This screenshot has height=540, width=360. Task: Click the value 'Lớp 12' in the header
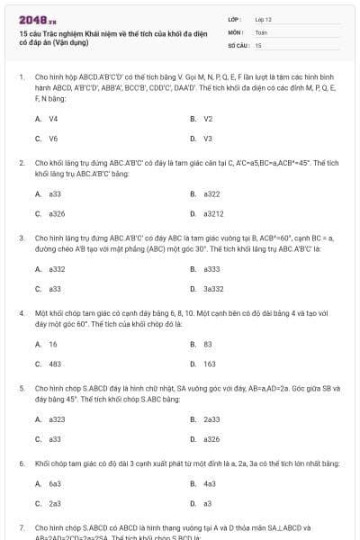pyautogui.click(x=263, y=18)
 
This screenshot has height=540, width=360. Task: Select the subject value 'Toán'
pyautogui.click(x=261, y=31)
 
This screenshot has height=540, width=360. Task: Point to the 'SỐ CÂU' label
pyautogui.click(x=237, y=44)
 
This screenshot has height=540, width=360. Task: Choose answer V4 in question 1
pyautogui.click(x=53, y=118)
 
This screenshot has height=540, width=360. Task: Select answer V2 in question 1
pyautogui.click(x=208, y=118)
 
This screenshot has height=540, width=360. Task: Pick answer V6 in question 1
pyautogui.click(x=53, y=139)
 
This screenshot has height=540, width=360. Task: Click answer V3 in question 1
pyautogui.click(x=208, y=139)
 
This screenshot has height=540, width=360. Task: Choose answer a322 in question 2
pyautogui.click(x=211, y=193)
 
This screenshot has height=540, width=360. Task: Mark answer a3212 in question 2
pyautogui.click(x=213, y=214)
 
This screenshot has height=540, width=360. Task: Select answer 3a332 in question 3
pyautogui.click(x=213, y=289)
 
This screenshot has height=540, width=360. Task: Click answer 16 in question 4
pyautogui.click(x=52, y=343)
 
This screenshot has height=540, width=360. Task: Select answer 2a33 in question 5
pyautogui.click(x=211, y=418)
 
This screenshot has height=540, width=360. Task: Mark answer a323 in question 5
pyautogui.click(x=57, y=418)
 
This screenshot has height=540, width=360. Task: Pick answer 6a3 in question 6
pyautogui.click(x=54, y=483)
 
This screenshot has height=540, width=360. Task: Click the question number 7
pyautogui.click(x=21, y=526)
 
